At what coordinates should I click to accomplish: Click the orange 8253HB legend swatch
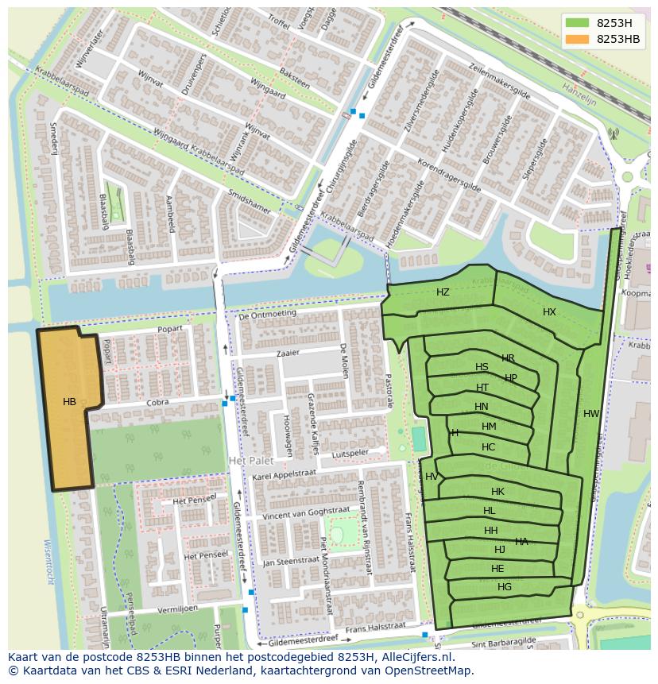tap(577, 39)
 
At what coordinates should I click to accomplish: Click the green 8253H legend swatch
tap(577, 22)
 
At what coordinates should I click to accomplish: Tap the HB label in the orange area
tap(70, 402)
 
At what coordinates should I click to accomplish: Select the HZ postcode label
tap(443, 292)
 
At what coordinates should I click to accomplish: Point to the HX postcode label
tap(549, 312)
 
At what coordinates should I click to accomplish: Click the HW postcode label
tap(590, 414)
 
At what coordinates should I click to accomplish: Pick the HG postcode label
tap(505, 587)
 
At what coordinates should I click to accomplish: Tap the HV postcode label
tap(432, 477)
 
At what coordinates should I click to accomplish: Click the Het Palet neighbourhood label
tap(250, 461)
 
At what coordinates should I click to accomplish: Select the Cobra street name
tap(158, 403)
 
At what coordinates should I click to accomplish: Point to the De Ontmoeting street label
tap(267, 314)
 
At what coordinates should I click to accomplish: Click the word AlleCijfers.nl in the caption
tap(414, 657)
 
